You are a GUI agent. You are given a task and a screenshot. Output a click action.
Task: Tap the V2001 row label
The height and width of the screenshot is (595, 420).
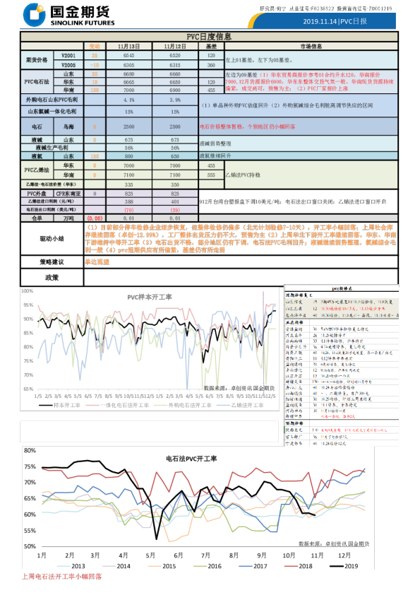click(x=68, y=54)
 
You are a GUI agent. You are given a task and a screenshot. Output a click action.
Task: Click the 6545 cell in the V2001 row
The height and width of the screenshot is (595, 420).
click(x=129, y=54)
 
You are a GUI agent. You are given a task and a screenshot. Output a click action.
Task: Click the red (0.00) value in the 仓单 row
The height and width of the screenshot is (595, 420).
click(x=95, y=218)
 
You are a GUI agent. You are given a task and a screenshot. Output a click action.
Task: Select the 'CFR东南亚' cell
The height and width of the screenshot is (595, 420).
click(x=68, y=193)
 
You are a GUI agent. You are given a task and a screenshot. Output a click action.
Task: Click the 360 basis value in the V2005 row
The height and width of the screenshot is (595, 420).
click(x=211, y=64)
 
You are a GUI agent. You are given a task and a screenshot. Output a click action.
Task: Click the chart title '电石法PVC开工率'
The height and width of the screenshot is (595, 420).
click(x=191, y=459)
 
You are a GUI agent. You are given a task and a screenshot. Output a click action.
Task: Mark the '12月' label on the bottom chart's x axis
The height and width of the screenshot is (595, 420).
click(x=344, y=555)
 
